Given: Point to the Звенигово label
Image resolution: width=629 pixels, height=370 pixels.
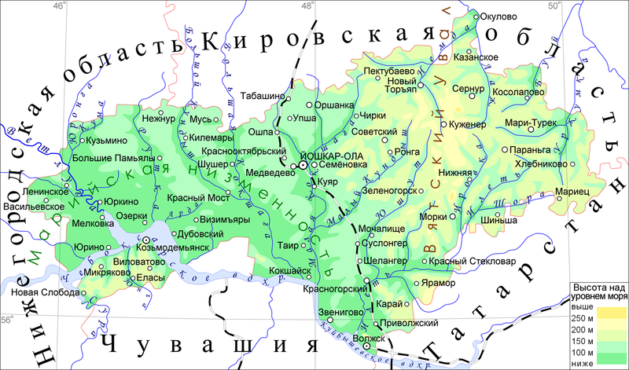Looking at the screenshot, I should tap(340, 312).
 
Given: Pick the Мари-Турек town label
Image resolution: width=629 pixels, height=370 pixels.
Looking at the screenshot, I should tap(532, 123).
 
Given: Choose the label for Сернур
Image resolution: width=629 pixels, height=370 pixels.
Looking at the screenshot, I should tap(469, 89).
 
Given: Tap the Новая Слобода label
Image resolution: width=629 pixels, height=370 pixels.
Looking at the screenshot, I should tap(40, 292).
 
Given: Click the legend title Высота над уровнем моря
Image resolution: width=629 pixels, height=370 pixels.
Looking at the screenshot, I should tap(598, 292).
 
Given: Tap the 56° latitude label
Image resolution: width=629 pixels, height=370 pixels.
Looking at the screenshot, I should tap(7, 320).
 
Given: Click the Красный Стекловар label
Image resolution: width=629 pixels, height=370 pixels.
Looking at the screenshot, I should tap(479, 260).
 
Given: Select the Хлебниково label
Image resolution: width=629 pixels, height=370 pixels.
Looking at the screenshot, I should tap(541, 163).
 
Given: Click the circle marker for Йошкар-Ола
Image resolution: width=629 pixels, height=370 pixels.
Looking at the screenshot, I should tap(301, 166).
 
